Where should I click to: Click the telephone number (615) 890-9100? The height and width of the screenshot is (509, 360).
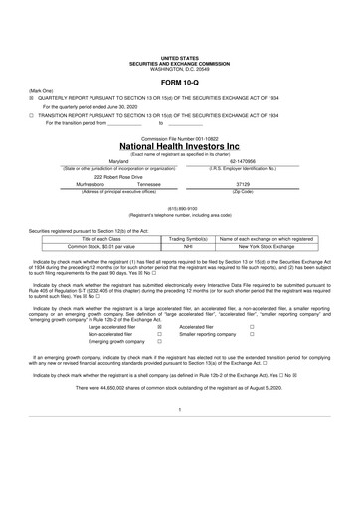click(x=179, y=208)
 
